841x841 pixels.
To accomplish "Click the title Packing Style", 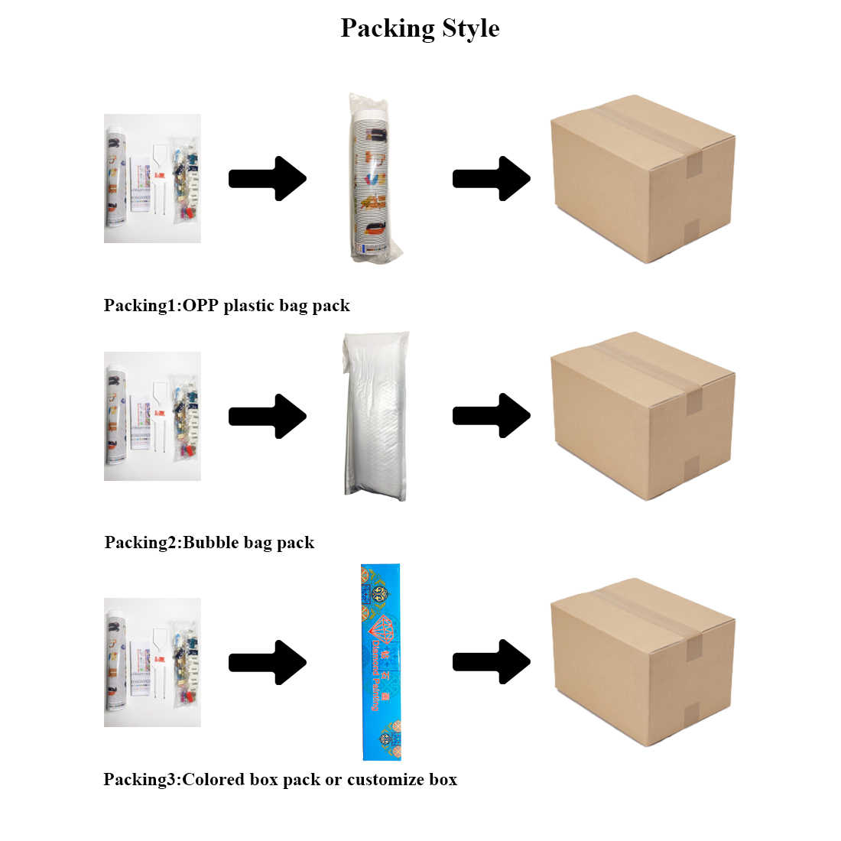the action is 420,28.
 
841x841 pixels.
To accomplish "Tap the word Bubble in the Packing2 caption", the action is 211,543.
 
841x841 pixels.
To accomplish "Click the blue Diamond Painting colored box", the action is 381,662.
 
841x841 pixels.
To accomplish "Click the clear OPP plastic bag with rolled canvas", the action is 375,177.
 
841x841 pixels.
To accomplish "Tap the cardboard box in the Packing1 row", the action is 642,179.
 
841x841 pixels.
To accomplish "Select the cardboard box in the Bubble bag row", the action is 642,416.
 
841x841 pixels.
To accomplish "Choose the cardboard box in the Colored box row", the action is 642,662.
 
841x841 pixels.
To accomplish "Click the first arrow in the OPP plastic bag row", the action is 268,179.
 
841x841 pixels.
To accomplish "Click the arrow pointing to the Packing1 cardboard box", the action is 492,179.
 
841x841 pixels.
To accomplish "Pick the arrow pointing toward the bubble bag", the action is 268,416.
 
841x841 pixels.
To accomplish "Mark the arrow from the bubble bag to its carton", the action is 492,416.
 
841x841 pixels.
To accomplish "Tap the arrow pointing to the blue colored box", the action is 268,662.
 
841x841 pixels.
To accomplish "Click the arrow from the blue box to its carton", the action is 492,662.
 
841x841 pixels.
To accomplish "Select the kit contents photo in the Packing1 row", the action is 152,179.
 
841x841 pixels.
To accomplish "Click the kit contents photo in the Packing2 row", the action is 152,416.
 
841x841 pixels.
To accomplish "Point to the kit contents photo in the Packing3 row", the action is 152,662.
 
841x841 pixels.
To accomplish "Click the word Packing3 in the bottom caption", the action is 141,780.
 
